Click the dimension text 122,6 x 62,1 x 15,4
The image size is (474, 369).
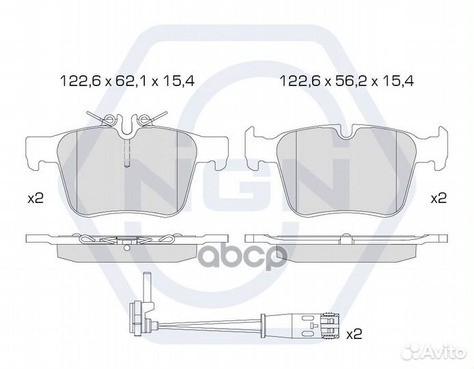click(x=127, y=81)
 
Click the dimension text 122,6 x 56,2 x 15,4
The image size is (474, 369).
click(x=347, y=81)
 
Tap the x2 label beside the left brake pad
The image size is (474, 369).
click(x=36, y=199)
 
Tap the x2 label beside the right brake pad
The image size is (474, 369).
click(x=438, y=198)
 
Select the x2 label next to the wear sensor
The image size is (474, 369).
click(x=354, y=334)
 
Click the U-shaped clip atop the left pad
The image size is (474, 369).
click(x=127, y=124)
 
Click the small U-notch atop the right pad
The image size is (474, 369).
click(x=347, y=133)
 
